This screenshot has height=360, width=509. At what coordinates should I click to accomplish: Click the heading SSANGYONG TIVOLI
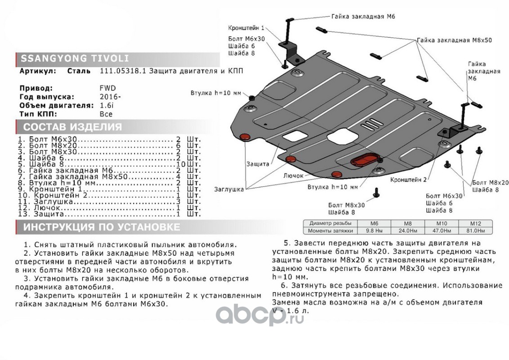point(72,58)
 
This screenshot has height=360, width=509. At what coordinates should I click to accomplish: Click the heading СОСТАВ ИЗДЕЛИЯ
point(72,126)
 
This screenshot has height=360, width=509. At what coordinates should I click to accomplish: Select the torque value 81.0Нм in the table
point(475,231)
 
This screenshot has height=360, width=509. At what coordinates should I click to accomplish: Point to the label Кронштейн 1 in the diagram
point(246,27)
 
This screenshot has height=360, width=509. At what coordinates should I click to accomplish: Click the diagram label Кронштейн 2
point(408,179)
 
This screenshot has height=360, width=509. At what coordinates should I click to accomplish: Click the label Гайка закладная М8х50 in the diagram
point(454,40)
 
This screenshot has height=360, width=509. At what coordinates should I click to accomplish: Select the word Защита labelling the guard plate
point(258,164)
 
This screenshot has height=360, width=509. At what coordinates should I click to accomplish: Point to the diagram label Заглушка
point(229,189)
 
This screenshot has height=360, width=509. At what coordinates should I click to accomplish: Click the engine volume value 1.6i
point(106,105)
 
